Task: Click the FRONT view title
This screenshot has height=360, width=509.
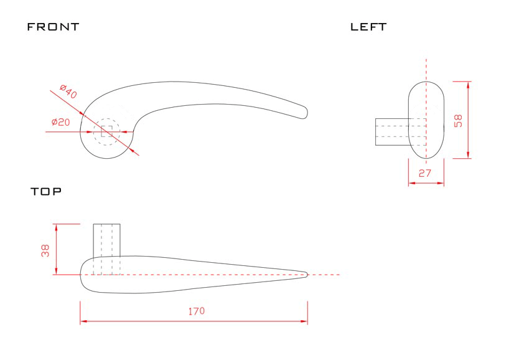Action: pos(54,27)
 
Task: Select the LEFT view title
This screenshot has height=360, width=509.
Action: pos(368,27)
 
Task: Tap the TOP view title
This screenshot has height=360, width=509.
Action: pos(47,192)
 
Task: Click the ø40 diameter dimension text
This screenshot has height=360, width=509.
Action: pos(68,91)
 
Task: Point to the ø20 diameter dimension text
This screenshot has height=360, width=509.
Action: pos(60,122)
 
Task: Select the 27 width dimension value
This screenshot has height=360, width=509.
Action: pos(425,174)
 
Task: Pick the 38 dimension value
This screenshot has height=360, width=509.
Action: pos(45,250)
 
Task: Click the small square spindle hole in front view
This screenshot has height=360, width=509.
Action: pos(106,131)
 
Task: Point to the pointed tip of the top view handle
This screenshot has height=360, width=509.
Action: pos(307,274)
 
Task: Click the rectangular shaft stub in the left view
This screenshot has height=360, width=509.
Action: pos(391,131)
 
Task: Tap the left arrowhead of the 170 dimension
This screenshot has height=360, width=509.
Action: pos(83,321)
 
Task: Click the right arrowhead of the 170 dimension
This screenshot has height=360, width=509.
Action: pos(304,321)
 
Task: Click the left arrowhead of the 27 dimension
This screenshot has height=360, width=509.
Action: pos(411,183)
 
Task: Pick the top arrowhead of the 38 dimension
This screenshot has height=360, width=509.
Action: pos(57,226)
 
